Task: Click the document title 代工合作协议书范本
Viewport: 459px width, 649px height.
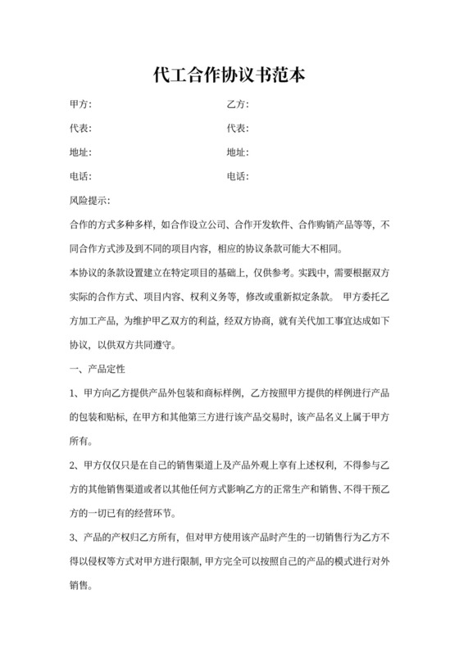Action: (229, 75)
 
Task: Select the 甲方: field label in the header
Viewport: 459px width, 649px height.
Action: (81, 105)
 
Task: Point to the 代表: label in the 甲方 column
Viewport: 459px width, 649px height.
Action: (81, 129)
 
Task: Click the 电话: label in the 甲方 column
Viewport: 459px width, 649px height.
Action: (81, 176)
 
